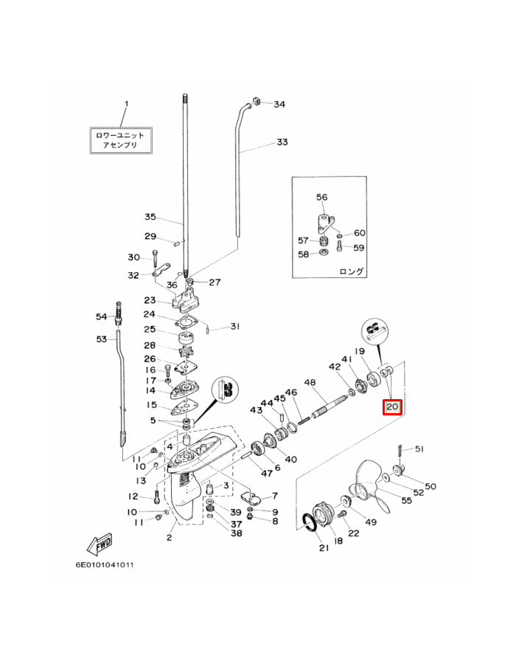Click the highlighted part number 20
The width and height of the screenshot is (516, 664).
click(x=391, y=407)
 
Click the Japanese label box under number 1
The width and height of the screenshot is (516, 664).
click(x=121, y=139)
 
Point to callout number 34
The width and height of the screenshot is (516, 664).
click(x=279, y=105)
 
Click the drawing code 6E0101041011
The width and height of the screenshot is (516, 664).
click(x=105, y=566)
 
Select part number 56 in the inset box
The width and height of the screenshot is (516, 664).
click(x=321, y=197)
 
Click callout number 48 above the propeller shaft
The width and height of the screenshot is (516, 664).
click(x=310, y=382)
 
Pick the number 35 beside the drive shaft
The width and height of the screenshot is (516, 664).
click(x=150, y=217)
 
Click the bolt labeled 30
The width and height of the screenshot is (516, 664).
click(x=156, y=257)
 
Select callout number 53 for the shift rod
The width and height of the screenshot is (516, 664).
click(x=102, y=339)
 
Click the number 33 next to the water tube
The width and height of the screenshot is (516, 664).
click(x=282, y=142)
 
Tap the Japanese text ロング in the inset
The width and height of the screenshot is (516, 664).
click(x=351, y=272)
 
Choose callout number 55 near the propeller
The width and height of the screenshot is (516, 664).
click(x=406, y=500)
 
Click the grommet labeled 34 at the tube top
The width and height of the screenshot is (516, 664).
click(x=258, y=100)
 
